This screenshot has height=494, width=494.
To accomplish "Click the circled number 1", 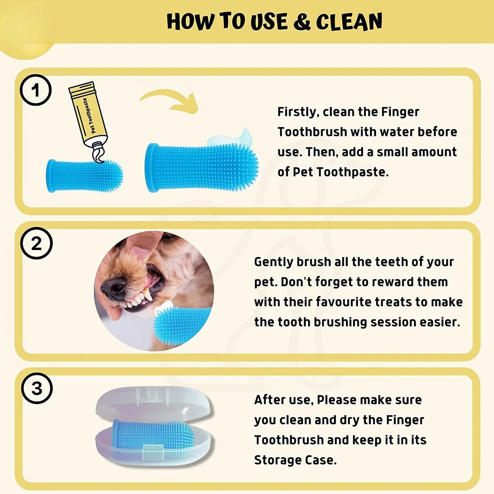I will (x=35, y=90).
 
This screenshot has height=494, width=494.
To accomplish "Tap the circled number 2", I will (x=36, y=243).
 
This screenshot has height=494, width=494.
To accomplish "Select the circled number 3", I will (x=37, y=388).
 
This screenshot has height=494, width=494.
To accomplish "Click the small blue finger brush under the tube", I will (x=84, y=176).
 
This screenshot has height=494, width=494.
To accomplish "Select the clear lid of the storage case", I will (x=154, y=402).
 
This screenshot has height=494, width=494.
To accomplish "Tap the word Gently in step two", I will (x=273, y=262).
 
